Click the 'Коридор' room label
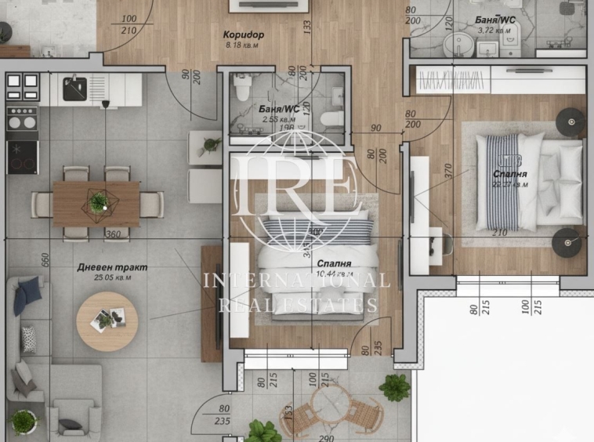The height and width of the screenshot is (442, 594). tap(244, 35)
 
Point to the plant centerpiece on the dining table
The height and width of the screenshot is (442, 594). tap(97, 203)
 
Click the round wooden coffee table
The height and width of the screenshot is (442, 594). tap(107, 321)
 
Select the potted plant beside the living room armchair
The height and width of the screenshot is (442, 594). tap(23, 421)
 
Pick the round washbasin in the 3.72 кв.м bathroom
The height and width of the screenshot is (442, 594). tap(455, 43)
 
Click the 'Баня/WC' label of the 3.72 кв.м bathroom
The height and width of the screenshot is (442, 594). tap(495, 20)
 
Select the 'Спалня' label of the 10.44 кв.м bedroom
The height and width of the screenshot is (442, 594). tap(333, 264)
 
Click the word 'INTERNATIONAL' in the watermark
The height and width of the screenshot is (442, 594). tap(295, 281)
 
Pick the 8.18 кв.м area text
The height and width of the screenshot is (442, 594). tap(241, 45)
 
